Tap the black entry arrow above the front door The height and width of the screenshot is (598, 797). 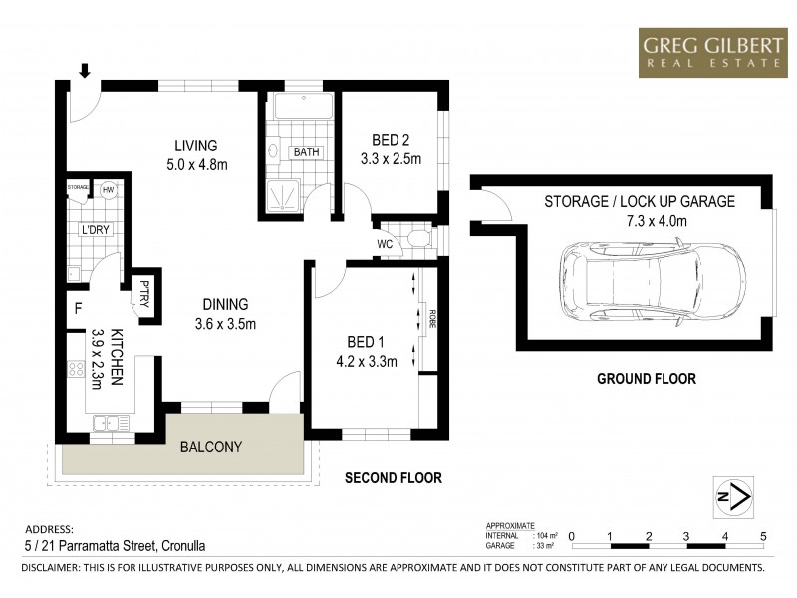pos(85,71)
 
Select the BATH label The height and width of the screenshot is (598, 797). pos(304,152)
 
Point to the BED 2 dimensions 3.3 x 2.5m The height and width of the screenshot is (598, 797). pos(391,158)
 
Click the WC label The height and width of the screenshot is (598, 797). pos(385,243)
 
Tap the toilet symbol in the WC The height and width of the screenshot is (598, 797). pos(418,239)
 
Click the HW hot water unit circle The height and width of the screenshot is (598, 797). pos(108,189)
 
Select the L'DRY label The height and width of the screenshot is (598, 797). pos(94,230)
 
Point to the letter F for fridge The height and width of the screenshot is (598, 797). pos(77,308)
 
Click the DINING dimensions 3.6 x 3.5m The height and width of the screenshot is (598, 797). pos(225,324)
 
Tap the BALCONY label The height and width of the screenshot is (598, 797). pos(210,448)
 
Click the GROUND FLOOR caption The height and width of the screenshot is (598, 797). pos(646,379)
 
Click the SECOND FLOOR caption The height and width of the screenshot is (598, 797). pos(393,478)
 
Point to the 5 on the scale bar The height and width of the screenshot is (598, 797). pos(763,535)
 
